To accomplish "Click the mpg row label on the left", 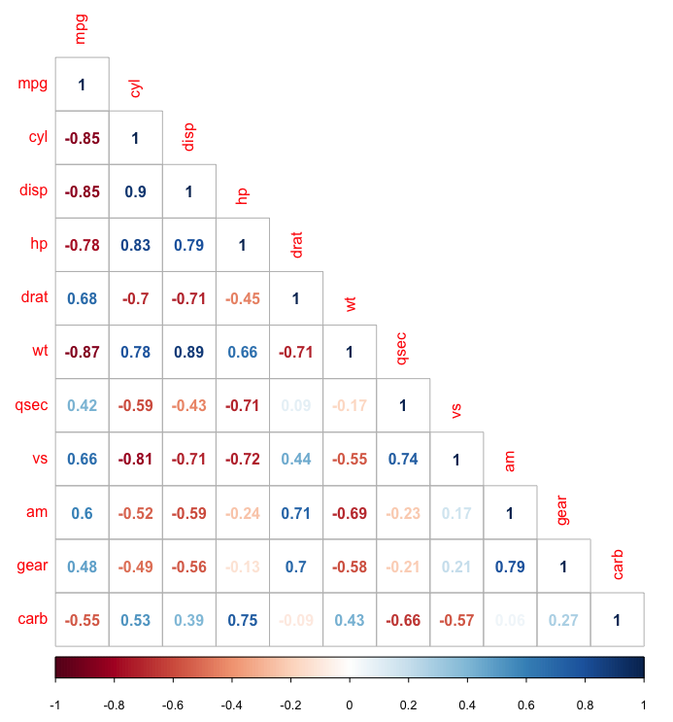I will coord(32,85).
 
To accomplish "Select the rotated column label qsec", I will coord(402,348).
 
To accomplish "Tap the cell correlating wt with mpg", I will coord(82,352).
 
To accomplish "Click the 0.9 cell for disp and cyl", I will coord(135,191).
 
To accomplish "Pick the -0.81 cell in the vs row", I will coord(135,459).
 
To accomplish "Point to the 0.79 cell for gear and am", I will coord(509,566).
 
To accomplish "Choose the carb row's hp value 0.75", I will coord(242,619).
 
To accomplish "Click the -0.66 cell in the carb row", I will coord(402,619).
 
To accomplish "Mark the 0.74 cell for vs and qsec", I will coord(402,459).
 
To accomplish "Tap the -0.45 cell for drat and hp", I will coord(242,298).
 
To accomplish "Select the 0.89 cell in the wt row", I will coord(188,352).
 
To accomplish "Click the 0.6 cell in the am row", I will coord(82,512).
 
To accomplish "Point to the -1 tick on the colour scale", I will coord(55,703).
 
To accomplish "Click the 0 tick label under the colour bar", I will coord(350,703).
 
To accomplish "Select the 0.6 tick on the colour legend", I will coord(525,703).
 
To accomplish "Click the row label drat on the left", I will coord(34,298).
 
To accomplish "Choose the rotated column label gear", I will coord(563,508).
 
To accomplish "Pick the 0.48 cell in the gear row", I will coord(82,566).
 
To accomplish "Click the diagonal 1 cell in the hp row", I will coord(242,245).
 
